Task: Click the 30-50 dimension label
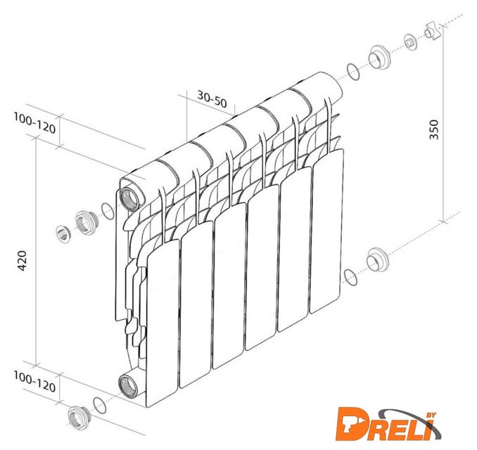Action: coord(212,99)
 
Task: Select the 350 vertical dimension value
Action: coord(434,129)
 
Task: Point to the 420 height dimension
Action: coord(22,261)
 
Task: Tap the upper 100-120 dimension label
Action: coord(34,123)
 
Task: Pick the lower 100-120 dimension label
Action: coord(34,382)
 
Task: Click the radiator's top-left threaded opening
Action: coord(130,198)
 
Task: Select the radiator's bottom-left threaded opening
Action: coord(128,385)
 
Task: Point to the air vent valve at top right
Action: coord(433,31)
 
